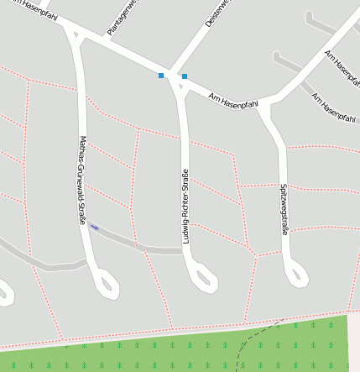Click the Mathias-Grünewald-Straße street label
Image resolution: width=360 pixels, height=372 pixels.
coord(82,181)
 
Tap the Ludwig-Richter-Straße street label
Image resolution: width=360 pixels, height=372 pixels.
coord(185,207)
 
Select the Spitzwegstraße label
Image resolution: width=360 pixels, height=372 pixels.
coord(284,209)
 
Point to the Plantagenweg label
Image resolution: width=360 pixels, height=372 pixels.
coord(120,18)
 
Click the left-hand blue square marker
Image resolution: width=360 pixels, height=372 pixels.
coord(161,76)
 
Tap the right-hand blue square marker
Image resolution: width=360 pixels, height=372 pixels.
coord(184,76)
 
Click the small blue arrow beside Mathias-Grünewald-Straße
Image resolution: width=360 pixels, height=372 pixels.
coord(95,226)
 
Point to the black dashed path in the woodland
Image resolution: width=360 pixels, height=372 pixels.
coord(252,340)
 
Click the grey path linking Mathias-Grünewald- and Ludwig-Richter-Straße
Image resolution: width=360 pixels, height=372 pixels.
coord(138,244)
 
